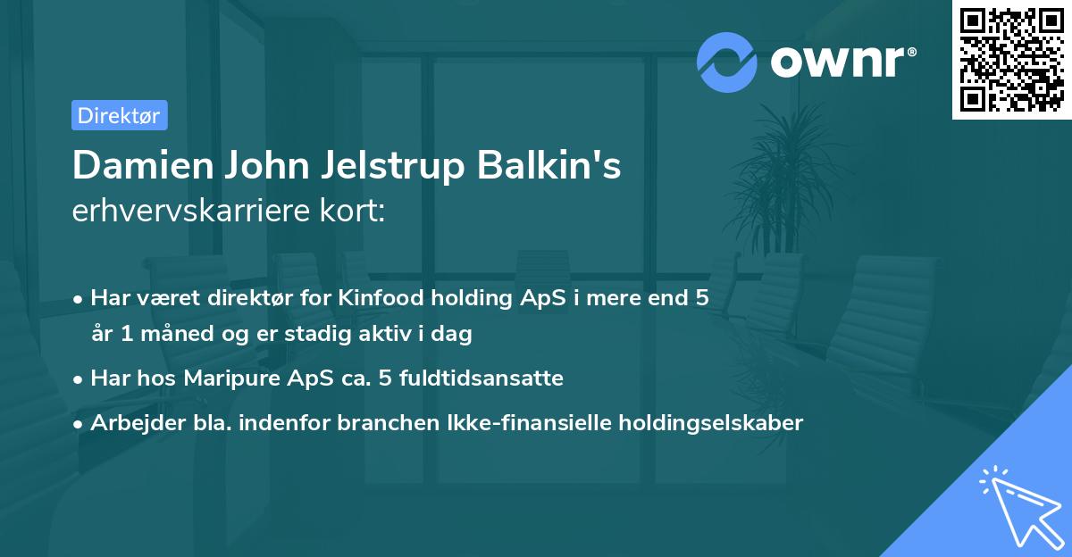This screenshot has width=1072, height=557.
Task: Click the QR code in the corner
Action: coord(1012,60)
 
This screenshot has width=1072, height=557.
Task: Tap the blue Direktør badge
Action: coord(119,115)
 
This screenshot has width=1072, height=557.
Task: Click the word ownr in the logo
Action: coord(842,62)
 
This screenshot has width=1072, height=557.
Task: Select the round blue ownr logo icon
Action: coord(727,62)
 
